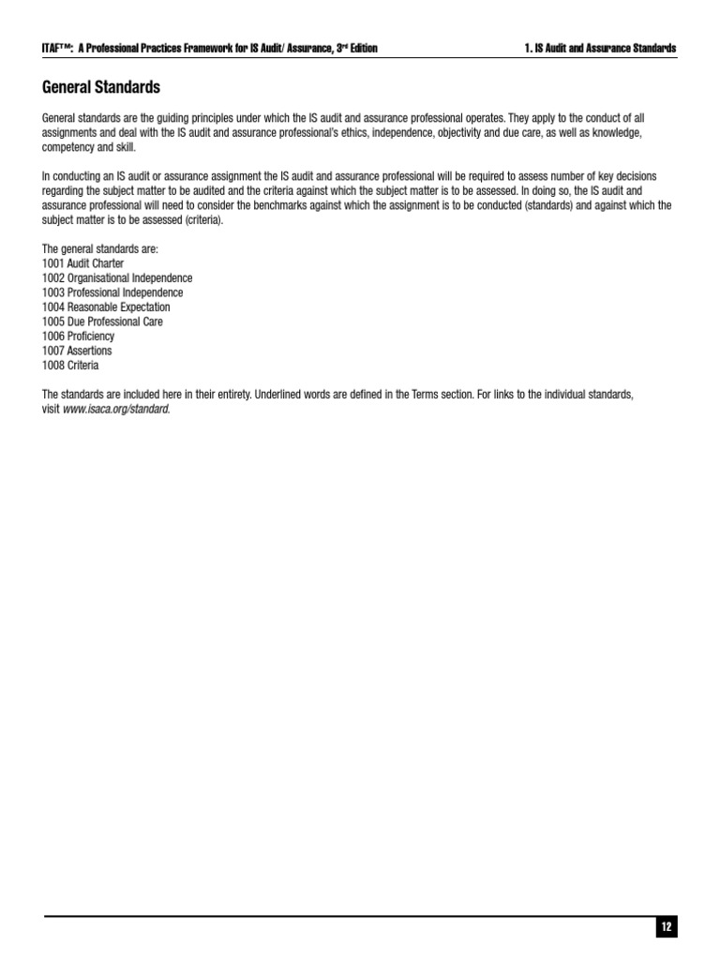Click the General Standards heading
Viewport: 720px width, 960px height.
[101, 87]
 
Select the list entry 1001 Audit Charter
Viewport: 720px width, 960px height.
[82, 263]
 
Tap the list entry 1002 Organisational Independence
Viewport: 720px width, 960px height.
[117, 278]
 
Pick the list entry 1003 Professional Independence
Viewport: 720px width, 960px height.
[112, 292]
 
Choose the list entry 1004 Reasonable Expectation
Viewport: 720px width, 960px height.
[106, 307]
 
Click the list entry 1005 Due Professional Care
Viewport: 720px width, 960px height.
[102, 322]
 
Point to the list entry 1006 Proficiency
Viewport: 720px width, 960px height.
[78, 336]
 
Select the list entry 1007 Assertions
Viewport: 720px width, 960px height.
[77, 351]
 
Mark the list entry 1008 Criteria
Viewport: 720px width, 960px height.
[70, 365]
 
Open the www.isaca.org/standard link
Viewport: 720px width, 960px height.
[117, 410]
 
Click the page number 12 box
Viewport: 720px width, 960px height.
[666, 927]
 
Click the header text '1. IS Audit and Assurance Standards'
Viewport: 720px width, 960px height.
[600, 48]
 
